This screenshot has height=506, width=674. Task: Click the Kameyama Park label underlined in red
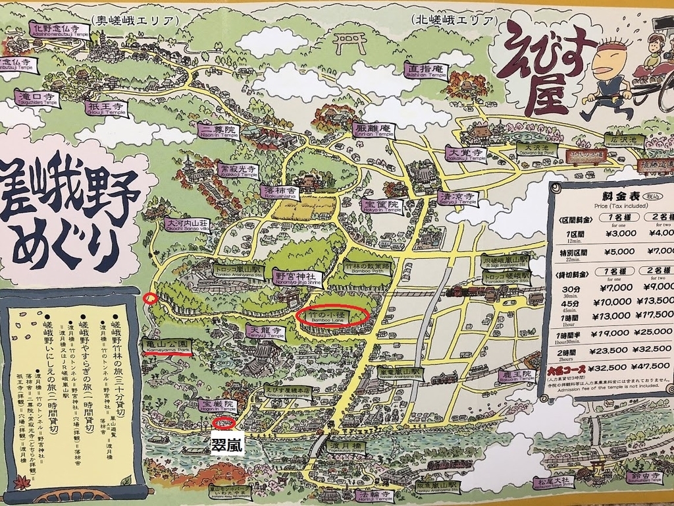167,345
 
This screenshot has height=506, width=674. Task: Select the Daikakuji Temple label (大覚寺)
465,154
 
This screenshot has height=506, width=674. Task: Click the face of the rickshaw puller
604,61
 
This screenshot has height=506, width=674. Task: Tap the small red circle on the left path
150,298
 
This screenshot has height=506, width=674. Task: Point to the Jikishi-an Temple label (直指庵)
426,70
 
